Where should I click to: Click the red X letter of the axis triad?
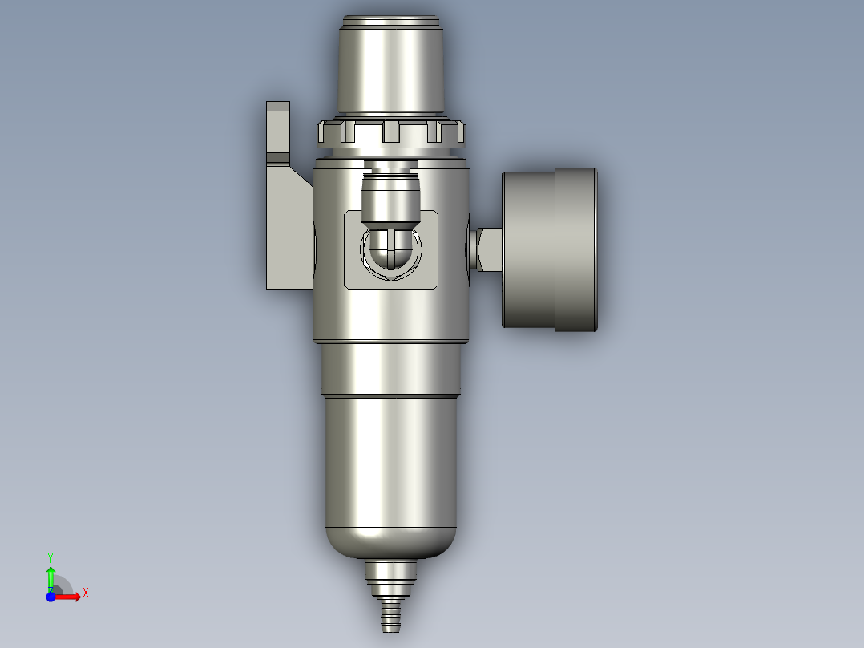click(86, 593)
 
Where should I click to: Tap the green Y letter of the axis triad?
click(50, 556)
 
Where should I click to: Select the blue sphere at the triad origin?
click(50, 597)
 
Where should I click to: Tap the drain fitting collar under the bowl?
click(391, 574)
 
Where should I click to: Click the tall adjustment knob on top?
click(390, 68)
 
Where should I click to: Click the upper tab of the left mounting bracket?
click(278, 128)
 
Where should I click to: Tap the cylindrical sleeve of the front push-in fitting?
click(390, 199)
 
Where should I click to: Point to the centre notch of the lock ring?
click(390, 131)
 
